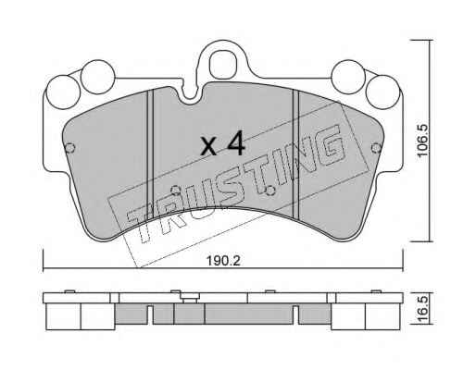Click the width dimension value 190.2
click(223, 261)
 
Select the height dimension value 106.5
click(422, 141)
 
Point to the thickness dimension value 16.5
click(422, 309)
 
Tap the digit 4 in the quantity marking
click(235, 143)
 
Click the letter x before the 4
click(208, 146)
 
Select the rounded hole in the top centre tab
click(222, 65)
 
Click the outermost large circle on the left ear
click(63, 92)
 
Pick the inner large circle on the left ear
click(98, 77)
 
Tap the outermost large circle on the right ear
click(382, 92)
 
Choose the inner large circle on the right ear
click(348, 77)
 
